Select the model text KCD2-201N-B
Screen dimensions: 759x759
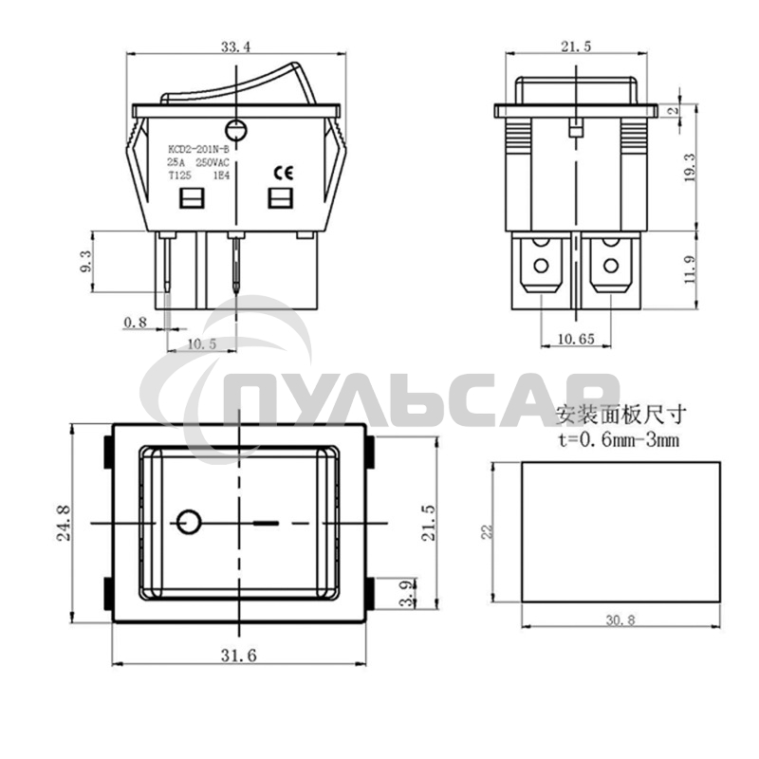(x=198, y=149)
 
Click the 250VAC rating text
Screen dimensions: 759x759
(x=211, y=162)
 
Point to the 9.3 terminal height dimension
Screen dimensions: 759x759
(x=86, y=263)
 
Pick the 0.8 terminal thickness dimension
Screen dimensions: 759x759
(x=136, y=324)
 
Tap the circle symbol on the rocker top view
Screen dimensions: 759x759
(x=188, y=522)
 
